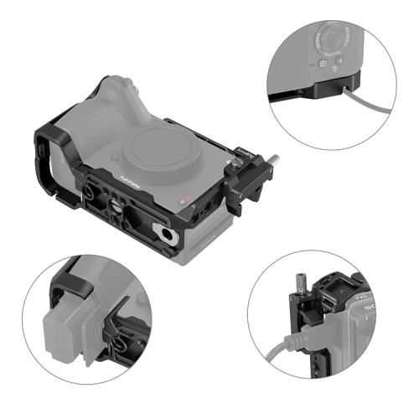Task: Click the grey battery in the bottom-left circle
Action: [x=71, y=332]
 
